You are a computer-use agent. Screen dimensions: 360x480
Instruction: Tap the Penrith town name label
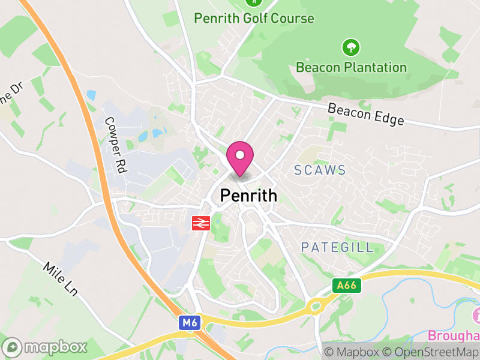(x=249, y=196)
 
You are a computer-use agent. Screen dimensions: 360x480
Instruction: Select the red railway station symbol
(x=200, y=223)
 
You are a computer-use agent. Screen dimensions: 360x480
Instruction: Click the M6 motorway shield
(x=189, y=323)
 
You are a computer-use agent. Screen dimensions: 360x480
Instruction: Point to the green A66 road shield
(x=347, y=286)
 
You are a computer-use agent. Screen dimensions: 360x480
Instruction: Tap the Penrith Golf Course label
(x=254, y=19)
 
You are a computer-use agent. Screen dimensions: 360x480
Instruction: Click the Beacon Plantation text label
(x=351, y=67)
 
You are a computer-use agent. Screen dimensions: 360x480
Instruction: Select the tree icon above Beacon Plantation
(x=350, y=46)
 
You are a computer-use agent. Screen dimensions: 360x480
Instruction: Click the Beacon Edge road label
(x=365, y=114)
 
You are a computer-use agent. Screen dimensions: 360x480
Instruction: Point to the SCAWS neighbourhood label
(x=320, y=170)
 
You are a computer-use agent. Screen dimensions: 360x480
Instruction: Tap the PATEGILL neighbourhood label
(x=337, y=247)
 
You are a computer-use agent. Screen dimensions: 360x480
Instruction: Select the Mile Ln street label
(x=61, y=279)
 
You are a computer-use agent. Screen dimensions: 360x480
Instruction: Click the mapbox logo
(x=46, y=347)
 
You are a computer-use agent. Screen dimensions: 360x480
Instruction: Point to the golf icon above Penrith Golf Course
(x=254, y=2)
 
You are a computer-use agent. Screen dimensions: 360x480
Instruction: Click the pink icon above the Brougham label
(x=476, y=314)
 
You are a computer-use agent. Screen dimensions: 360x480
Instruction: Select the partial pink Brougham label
(x=454, y=334)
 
